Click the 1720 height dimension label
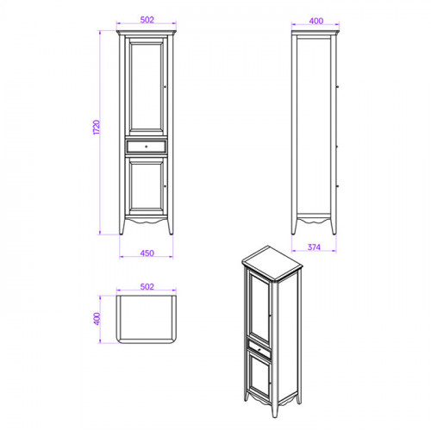(97, 127)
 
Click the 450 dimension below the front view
(147, 253)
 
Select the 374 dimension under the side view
(314, 247)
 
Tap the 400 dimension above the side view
(316, 21)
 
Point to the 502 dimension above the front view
(147, 20)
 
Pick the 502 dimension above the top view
(147, 287)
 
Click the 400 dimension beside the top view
(97, 319)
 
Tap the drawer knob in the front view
(147, 147)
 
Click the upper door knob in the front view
(166, 86)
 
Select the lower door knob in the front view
(166, 186)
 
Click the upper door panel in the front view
(147, 86)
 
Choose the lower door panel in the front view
(147, 186)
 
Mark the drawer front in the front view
(147, 147)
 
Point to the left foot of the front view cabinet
(122, 227)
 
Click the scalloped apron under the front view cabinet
(147, 221)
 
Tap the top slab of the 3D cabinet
(272, 262)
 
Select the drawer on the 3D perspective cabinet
(259, 349)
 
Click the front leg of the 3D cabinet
(274, 407)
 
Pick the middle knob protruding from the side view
(338, 147)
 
